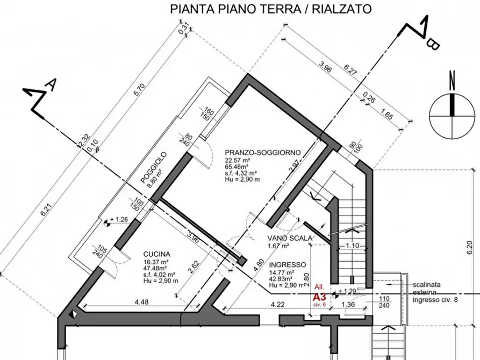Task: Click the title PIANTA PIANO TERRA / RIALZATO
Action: pyautogui.click(x=270, y=9)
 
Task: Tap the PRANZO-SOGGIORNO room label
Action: pyautogui.click(x=262, y=152)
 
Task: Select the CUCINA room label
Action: pyautogui.click(x=157, y=254)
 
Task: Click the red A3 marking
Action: pyautogui.click(x=320, y=297)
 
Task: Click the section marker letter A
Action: pyautogui.click(x=51, y=84)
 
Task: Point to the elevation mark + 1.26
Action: pyautogui.click(x=119, y=220)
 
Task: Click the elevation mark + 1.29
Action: pyautogui.click(x=347, y=291)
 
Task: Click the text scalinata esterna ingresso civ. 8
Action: pyautogui.click(x=435, y=292)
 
